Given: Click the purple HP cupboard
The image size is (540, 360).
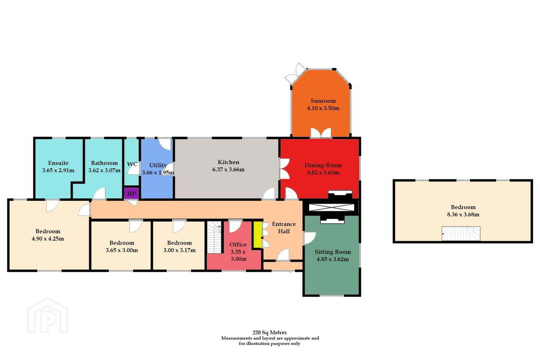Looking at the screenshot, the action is click(x=131, y=193).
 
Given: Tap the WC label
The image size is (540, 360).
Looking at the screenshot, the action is click(x=132, y=164).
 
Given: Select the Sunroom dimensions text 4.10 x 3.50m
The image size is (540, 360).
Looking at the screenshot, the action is click(x=323, y=108).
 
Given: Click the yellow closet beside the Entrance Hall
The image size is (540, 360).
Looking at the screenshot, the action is click(x=258, y=235).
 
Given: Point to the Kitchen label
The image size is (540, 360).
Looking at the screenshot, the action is click(x=228, y=162).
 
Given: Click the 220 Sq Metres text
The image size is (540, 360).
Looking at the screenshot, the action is click(x=270, y=333).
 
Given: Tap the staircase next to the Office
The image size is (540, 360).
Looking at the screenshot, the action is click(x=214, y=237).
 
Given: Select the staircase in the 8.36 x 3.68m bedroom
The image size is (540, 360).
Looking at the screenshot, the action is click(x=461, y=233).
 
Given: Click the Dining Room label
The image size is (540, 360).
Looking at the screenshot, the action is click(x=323, y=165).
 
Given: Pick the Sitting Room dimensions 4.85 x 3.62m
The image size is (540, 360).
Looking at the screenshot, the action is click(x=333, y=259).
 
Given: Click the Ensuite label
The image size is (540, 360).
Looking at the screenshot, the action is click(x=58, y=163).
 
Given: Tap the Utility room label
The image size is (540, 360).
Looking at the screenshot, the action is click(x=158, y=165).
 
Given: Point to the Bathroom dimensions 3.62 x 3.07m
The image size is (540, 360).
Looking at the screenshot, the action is click(x=104, y=170).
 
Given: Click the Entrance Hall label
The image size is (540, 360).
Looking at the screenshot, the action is click(x=284, y=228).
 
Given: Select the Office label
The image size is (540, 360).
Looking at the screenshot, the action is click(x=238, y=244).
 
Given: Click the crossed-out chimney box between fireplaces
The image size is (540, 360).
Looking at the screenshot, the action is click(x=332, y=207).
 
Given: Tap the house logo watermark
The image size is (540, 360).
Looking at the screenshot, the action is click(x=48, y=315).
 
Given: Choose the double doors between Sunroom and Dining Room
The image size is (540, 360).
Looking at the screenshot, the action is click(x=321, y=133).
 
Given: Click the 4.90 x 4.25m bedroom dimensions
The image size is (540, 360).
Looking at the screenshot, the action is click(x=48, y=239).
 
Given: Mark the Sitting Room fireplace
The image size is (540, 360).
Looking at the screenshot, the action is click(x=332, y=220).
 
